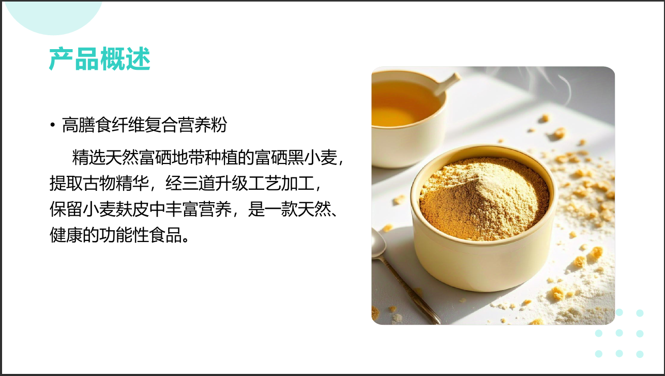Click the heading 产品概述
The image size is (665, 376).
pos(99,59)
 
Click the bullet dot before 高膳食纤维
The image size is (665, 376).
pos(52,126)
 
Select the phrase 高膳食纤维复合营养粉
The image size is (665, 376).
pos(144,125)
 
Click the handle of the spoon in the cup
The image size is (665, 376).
pos(447,83)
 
